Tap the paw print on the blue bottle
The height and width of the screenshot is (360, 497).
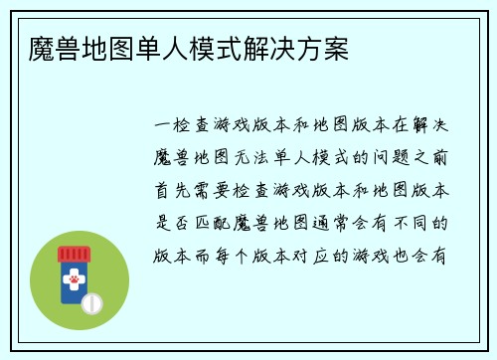pos(75,281)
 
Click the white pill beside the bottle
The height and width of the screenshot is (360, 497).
pos(92,300)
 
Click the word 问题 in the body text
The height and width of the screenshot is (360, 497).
pos(383,158)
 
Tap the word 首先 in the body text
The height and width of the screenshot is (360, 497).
pos(175,190)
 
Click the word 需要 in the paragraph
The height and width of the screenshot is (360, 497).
pos(218,190)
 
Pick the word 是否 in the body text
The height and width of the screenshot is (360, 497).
pos(175,222)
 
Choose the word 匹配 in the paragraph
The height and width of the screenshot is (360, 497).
pos(218,222)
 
